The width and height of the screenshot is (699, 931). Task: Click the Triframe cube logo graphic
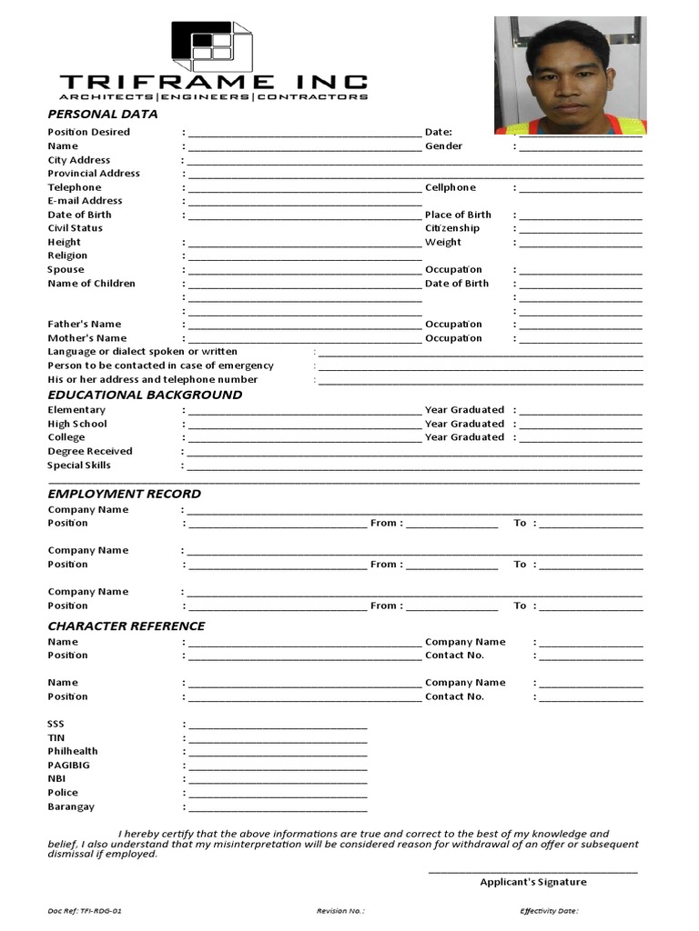(211, 45)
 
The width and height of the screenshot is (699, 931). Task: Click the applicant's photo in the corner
(570, 75)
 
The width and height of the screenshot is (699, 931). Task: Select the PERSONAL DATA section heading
(102, 114)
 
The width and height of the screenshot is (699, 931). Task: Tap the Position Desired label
(88, 132)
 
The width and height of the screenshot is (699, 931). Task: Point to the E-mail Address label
(85, 201)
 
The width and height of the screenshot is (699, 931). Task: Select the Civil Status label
(75, 228)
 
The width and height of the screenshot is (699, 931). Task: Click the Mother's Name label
(86, 338)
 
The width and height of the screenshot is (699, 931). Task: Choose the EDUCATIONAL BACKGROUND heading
(145, 395)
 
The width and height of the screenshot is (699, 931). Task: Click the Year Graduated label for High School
(464, 424)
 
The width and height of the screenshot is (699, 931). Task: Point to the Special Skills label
(79, 465)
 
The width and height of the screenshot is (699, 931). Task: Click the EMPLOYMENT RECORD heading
(125, 494)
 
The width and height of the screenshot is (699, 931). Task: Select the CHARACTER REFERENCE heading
(127, 626)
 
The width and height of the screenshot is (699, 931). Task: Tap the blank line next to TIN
(278, 740)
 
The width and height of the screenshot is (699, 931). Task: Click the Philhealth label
(73, 751)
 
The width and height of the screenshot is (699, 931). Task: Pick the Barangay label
(71, 806)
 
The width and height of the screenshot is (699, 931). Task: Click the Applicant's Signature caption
(533, 882)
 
